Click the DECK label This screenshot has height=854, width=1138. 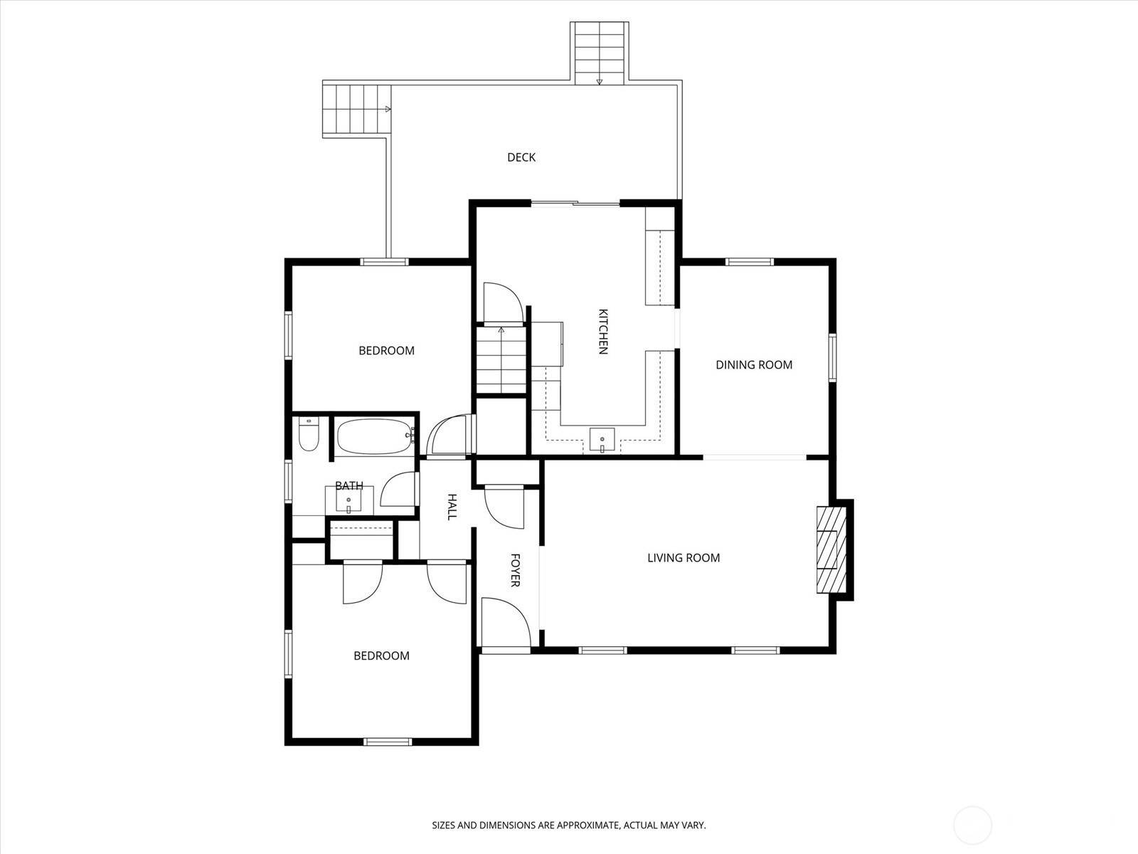point(521,157)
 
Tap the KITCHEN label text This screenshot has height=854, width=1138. point(603,332)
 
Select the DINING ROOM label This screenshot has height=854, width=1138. point(754,364)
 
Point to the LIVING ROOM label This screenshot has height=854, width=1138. point(684,557)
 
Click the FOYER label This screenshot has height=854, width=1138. point(516,570)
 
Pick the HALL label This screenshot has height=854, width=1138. point(452,507)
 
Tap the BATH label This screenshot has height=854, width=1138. point(349,485)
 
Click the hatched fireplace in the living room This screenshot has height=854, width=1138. point(831,549)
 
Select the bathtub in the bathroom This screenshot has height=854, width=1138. point(374,436)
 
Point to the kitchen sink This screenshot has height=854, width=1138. point(602,441)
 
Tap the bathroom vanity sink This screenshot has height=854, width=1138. point(349,501)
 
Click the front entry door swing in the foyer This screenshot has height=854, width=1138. point(506,622)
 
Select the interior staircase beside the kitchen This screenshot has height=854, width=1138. point(501,359)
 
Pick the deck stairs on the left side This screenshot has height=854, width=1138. point(356,109)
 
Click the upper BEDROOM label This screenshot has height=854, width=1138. point(386,351)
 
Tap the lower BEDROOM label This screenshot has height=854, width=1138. point(381,655)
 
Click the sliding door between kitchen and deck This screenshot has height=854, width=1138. point(575,204)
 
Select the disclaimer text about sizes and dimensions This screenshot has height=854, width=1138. point(569,825)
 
